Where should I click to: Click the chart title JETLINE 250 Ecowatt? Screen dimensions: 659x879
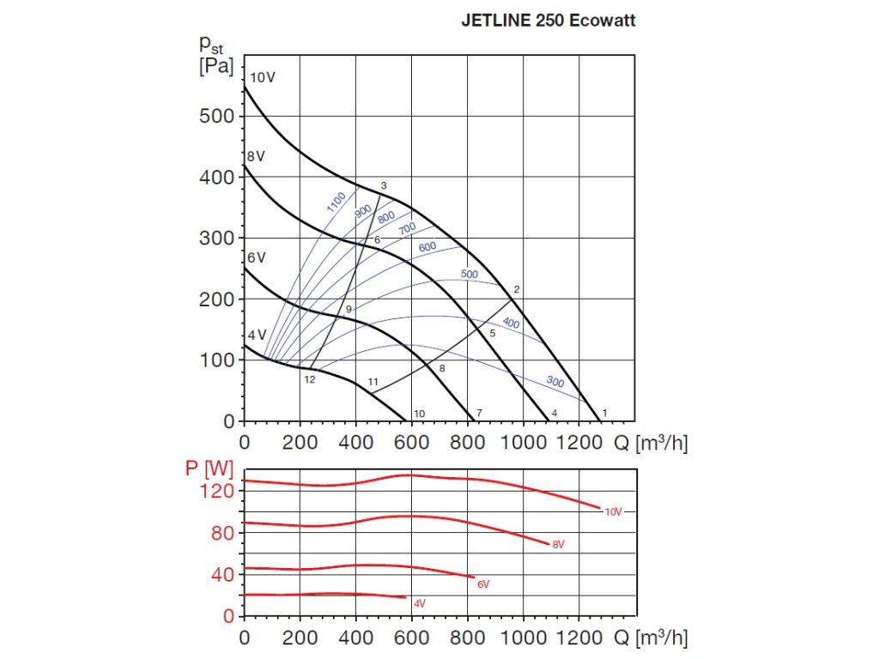548,21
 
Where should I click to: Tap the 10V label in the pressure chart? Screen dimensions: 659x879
263,77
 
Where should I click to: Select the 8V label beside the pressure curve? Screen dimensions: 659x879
255,157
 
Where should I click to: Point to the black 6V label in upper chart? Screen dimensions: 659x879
256,257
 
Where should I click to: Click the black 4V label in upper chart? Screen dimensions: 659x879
257,335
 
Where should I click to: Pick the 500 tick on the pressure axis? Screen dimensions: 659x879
215,116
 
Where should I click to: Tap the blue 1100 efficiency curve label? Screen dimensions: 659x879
336,202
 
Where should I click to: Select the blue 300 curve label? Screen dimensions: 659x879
555,381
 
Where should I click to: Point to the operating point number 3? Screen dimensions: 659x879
384,185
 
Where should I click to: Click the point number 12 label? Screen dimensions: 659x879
310,379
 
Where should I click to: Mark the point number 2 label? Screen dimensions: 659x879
517,289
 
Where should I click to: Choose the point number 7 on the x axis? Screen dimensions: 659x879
479,414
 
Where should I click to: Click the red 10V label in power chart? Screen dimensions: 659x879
613,511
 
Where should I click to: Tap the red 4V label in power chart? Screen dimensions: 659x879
419,603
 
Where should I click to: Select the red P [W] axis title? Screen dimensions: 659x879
209,469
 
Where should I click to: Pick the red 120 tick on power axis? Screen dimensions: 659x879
216,491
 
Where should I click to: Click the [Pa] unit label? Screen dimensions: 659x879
215,66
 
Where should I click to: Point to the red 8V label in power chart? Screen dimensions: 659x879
559,545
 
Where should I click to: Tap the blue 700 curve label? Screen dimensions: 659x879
407,227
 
